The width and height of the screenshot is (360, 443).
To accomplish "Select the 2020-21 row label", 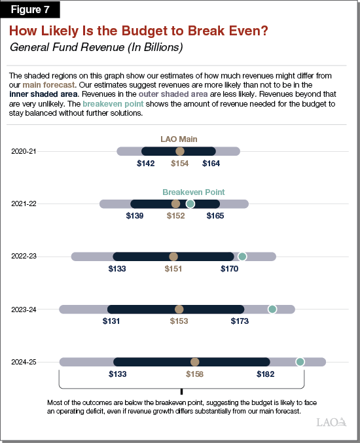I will pos(24,151).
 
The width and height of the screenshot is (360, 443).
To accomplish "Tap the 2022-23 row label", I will pos(24,257).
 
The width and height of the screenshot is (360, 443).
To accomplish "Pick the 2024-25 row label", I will pos(24,362).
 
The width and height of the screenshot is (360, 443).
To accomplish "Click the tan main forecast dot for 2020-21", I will pos(179,151).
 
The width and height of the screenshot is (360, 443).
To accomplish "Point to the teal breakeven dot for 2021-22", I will pos(190,204).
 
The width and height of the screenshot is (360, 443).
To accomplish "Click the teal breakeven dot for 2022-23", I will pos(242,257).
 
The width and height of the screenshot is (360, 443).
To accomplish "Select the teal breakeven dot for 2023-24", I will pos(272,309).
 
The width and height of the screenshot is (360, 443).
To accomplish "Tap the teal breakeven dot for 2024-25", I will pos(300,362).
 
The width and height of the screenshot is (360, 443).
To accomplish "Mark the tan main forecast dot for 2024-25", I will pos(194,362).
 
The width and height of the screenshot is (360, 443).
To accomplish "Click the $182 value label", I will pos(266,374).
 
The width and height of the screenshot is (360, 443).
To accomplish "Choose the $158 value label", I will pos(195,374).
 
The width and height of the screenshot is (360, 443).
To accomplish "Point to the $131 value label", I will pos(111,321).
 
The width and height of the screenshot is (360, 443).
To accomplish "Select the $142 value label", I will pos(145,164).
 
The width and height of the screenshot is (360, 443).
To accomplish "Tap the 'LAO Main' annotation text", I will pos(179,139).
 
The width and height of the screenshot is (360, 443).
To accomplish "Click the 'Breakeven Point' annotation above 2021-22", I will pos(194,192).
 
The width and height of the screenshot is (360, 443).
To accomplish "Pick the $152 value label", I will pos(175,216).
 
